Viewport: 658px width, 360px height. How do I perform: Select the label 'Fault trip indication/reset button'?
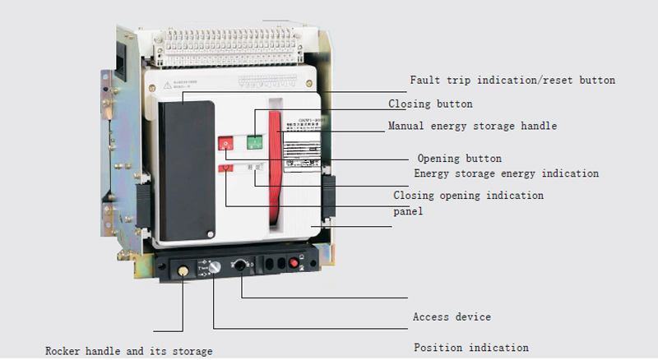[x=512, y=81]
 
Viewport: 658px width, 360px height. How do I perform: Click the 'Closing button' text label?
[x=430, y=104]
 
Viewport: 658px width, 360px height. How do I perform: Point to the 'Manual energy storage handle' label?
[x=472, y=127]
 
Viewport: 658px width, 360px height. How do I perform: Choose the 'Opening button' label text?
[x=459, y=158]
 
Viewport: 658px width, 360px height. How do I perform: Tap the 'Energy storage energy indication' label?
[x=506, y=173]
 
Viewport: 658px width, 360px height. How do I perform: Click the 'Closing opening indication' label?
[x=468, y=196]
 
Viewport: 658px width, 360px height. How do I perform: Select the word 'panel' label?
[x=408, y=211]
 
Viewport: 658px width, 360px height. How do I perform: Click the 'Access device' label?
[x=452, y=317]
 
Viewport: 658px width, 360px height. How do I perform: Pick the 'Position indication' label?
[x=470, y=348]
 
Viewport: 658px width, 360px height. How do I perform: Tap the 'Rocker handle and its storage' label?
[x=129, y=351]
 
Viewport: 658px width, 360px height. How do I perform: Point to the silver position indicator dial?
[x=213, y=267]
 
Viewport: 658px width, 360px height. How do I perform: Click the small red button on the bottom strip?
[x=293, y=263]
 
